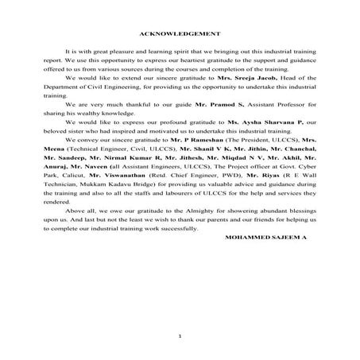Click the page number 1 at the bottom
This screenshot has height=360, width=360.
180,337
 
